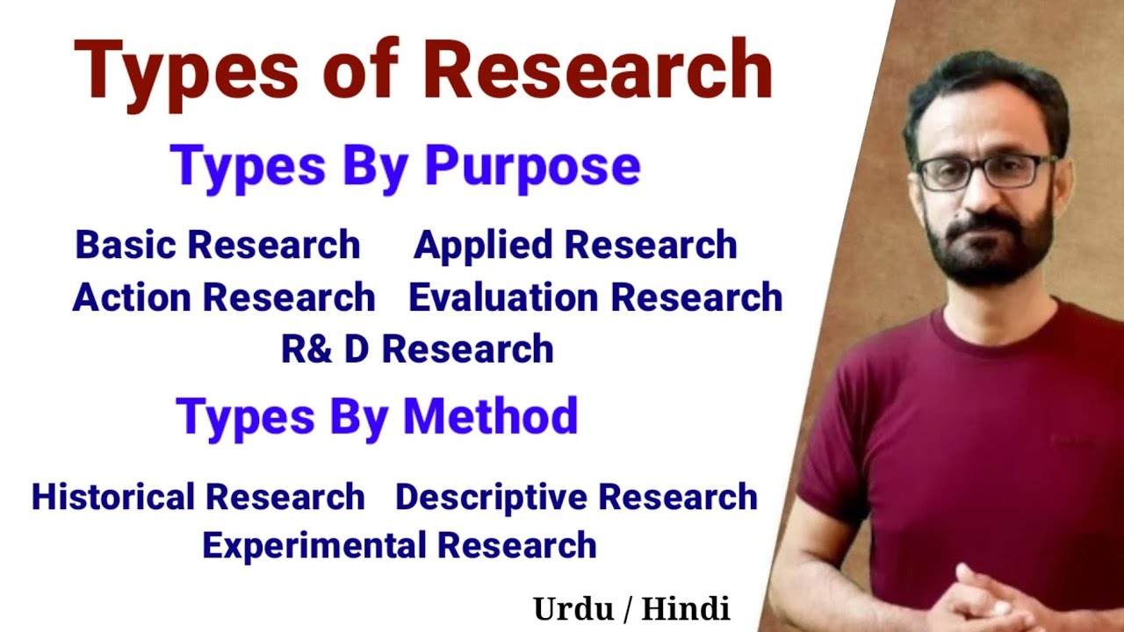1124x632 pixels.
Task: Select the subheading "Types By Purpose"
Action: [406, 166]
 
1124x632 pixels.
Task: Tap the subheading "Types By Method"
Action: [377, 416]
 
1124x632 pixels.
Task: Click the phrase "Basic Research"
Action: [218, 245]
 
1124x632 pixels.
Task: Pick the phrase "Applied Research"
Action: [575, 246]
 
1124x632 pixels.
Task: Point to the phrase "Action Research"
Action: [224, 298]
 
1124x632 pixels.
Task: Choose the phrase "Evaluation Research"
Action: [595, 298]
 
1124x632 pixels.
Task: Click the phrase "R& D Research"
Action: [417, 348]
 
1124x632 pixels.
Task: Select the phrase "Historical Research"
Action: [198, 497]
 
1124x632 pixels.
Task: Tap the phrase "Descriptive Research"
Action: [576, 497]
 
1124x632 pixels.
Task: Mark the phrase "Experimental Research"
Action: [400, 545]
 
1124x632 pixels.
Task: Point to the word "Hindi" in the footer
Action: [686, 608]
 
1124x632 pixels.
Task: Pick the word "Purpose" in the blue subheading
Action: [533, 166]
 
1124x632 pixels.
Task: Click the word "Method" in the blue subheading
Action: [490, 416]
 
